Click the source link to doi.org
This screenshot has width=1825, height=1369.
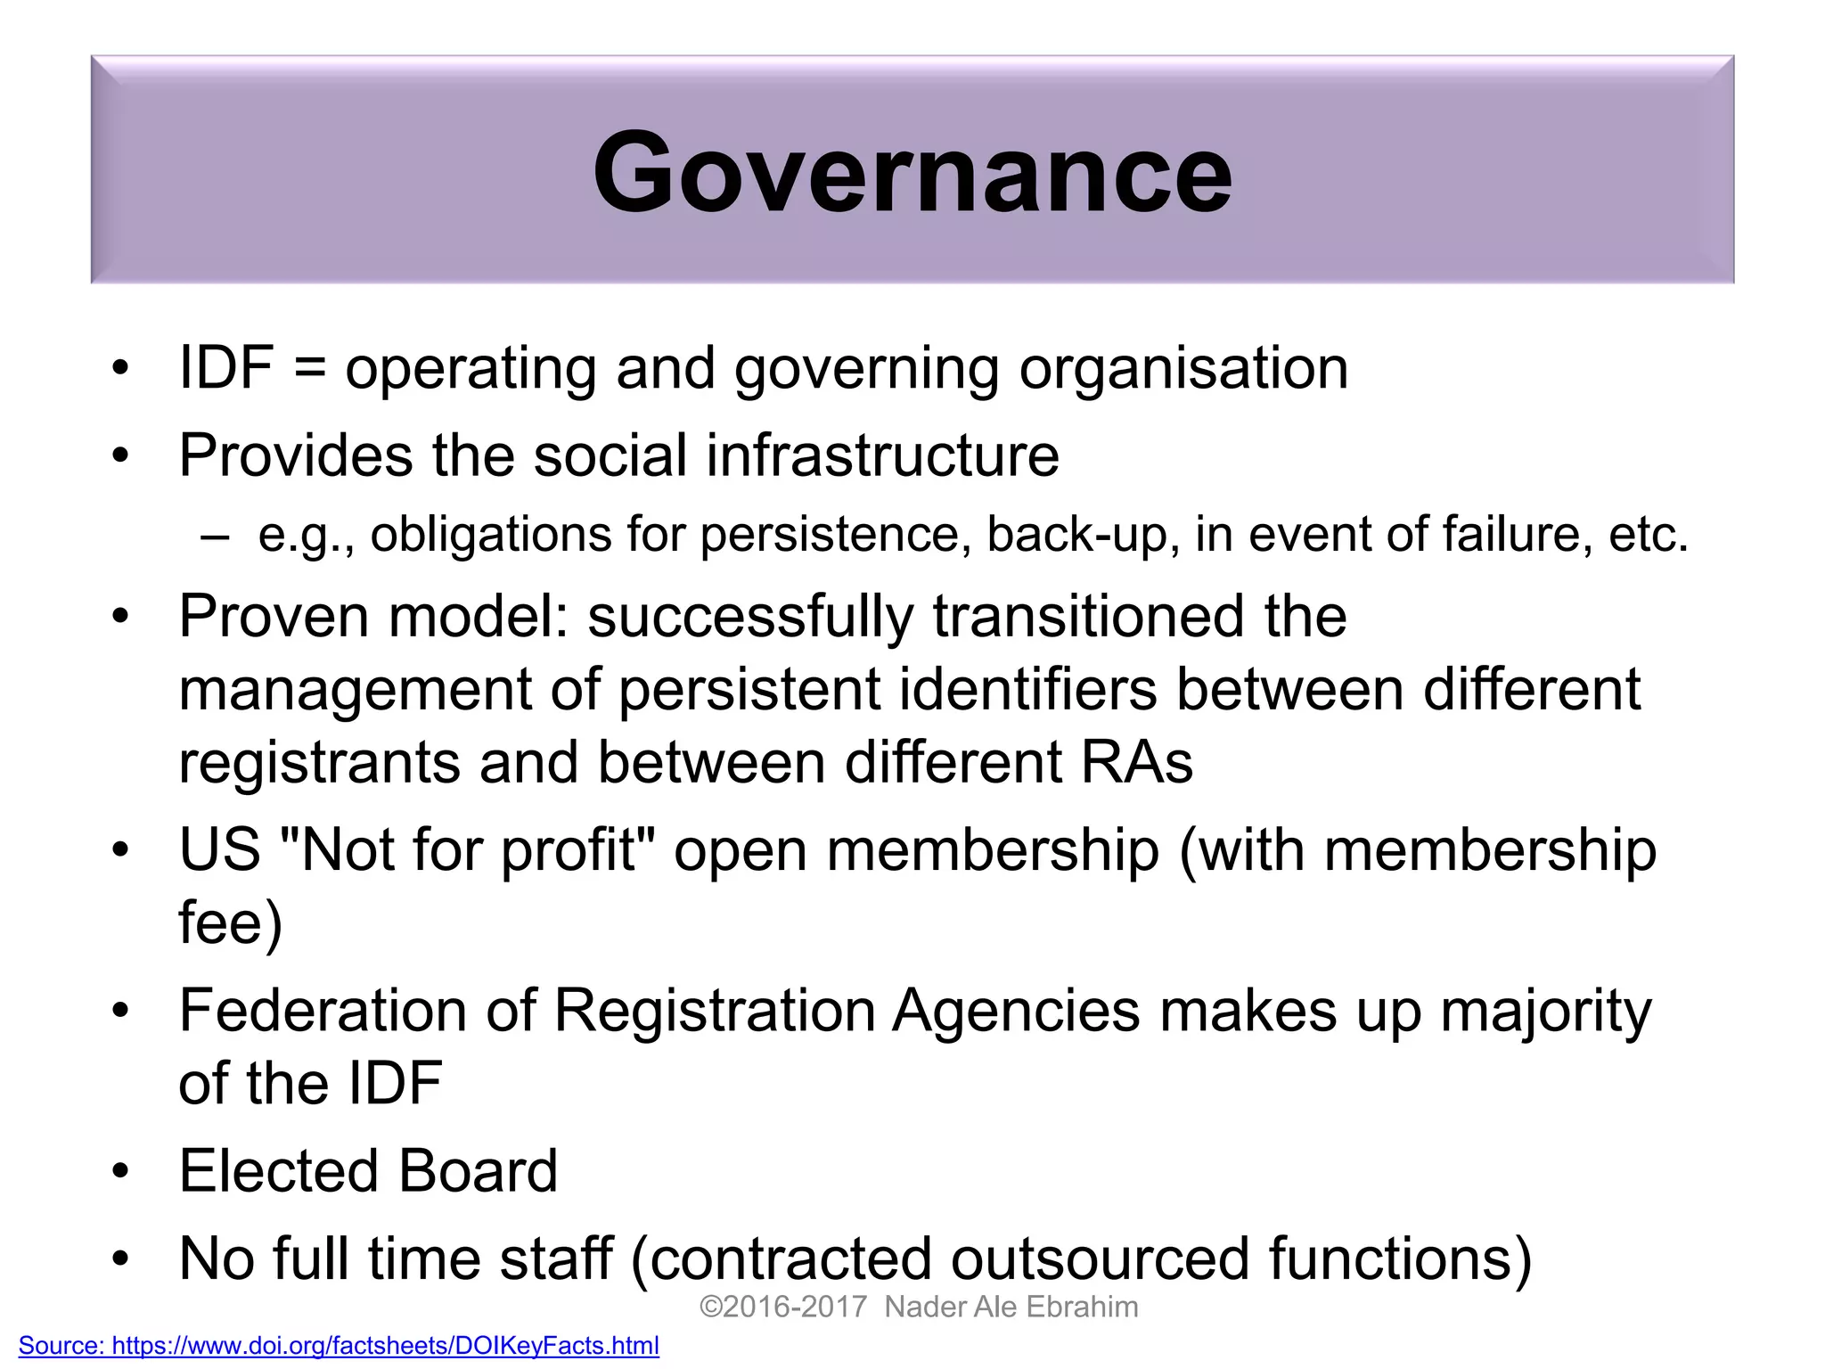pos(339,1345)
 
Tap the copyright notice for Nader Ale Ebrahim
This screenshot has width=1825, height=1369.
pos(919,1307)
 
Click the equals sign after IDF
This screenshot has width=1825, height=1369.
pos(309,369)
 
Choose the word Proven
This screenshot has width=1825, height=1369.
pos(273,617)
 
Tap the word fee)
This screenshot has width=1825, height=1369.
pos(231,922)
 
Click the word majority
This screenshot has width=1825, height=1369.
pos(1546,1012)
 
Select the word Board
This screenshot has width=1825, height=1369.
pos(477,1171)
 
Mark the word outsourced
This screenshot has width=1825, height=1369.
pos(1100,1258)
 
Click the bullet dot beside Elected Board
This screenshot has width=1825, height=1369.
pos(121,1171)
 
